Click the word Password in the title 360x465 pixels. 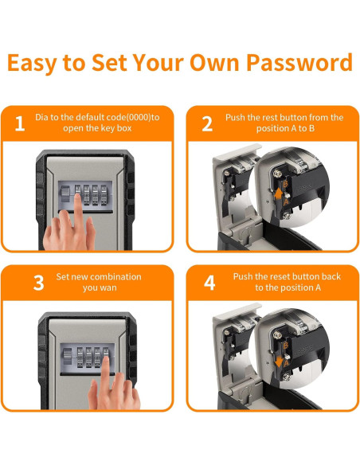[x=299, y=63]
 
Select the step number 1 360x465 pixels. [x=20, y=123]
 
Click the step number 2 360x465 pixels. [x=207, y=123]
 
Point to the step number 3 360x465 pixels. [x=38, y=283]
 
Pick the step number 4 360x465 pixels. [x=209, y=283]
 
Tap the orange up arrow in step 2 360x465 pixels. [x=279, y=194]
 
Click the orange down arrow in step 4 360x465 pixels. [x=279, y=361]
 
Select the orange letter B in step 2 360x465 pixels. [x=285, y=184]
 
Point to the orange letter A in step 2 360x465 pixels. [x=286, y=202]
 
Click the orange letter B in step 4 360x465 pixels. [x=286, y=346]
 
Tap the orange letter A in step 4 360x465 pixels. [x=286, y=364]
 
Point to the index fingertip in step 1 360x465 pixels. [x=78, y=197]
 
